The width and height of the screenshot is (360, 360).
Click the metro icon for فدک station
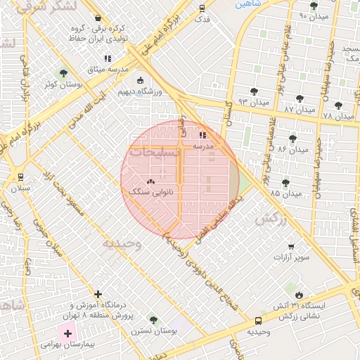click(x=202, y=9)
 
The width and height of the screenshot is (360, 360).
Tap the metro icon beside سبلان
click(x=20, y=177)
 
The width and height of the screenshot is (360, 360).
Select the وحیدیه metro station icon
click(x=258, y=321)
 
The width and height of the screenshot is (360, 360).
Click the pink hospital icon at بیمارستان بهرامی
click(x=67, y=331)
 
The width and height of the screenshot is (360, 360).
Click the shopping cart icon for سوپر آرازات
click(x=291, y=247)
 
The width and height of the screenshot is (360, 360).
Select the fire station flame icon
click(x=300, y=294)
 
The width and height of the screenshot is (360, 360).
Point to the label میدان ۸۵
click(x=285, y=193)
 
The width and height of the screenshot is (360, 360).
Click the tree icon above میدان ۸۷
click(x=300, y=99)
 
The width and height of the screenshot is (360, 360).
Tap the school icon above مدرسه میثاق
click(x=107, y=59)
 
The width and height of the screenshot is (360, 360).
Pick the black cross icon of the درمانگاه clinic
click(x=98, y=294)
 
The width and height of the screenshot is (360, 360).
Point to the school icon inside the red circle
click(x=202, y=134)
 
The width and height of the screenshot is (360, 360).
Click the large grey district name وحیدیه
click(x=122, y=243)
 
